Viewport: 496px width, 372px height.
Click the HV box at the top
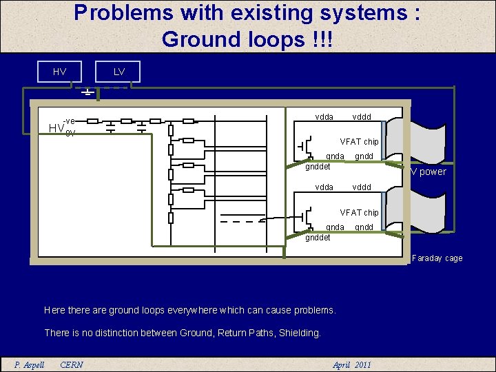click(x=60, y=72)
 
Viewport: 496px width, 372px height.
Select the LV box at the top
click(x=119, y=72)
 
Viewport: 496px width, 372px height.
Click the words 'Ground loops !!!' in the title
click(x=247, y=39)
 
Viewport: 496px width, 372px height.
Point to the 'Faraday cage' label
click(x=437, y=258)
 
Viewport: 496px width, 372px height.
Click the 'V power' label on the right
click(x=428, y=172)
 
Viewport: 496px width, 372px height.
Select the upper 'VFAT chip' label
click(x=359, y=142)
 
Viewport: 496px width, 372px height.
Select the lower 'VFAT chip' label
click(x=359, y=213)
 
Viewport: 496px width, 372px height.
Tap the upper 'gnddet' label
click(x=318, y=166)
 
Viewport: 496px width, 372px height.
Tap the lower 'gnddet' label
click(x=318, y=238)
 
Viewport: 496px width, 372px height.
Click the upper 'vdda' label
click(x=324, y=116)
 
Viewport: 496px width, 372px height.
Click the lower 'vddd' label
click(x=362, y=187)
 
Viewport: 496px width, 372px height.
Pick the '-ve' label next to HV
click(x=69, y=121)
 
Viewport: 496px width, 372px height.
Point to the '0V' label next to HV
click(x=70, y=133)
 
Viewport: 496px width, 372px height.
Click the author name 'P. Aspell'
click(x=30, y=364)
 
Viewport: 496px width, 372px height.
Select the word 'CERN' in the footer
click(x=72, y=364)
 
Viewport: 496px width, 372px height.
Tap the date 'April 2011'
click(x=351, y=364)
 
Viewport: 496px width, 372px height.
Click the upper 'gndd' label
click(x=364, y=156)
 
